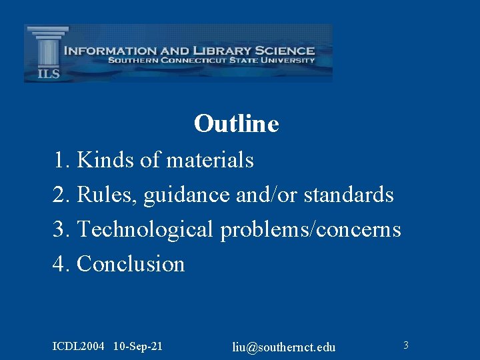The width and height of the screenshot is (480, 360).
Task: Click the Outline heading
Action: click(x=236, y=123)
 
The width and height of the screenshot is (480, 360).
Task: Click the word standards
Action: click(x=349, y=195)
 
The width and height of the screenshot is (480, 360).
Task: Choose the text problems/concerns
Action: click(x=311, y=229)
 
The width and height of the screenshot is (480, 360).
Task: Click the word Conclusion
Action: click(x=131, y=264)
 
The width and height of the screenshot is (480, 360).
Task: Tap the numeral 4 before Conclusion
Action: click(x=59, y=264)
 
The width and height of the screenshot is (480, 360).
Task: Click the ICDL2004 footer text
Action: click(x=79, y=346)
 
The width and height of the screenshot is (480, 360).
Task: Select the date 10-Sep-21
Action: click(x=138, y=346)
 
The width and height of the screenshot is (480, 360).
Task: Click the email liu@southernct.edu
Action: click(x=284, y=347)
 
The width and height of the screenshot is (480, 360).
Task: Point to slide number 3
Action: click(x=405, y=345)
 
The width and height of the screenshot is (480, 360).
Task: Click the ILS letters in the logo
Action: click(x=48, y=73)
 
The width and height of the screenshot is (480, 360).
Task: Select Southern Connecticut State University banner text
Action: click(x=211, y=60)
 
